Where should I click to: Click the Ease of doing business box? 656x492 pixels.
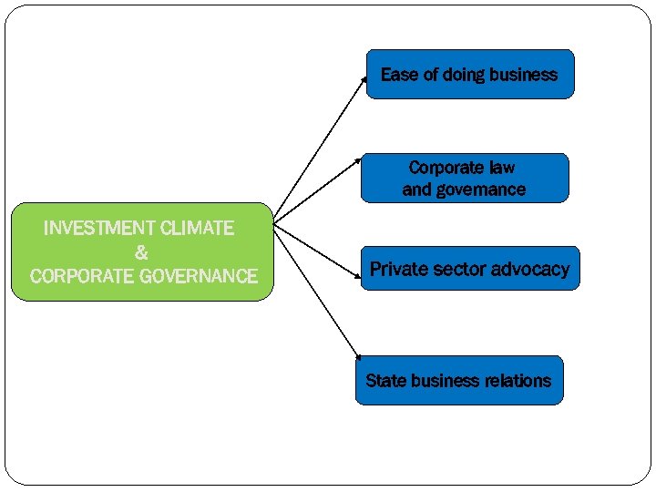[469, 74]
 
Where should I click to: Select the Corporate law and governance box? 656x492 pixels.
[464, 179]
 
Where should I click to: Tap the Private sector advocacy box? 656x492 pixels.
[469, 269]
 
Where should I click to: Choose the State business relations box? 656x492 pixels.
[458, 380]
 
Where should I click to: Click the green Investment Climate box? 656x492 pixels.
[142, 252]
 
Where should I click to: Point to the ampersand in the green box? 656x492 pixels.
[141, 252]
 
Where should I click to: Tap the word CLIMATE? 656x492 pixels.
[197, 229]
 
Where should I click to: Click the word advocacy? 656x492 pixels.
[529, 269]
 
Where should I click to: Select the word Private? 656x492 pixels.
[399, 269]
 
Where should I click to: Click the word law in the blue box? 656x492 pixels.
[501, 168]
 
